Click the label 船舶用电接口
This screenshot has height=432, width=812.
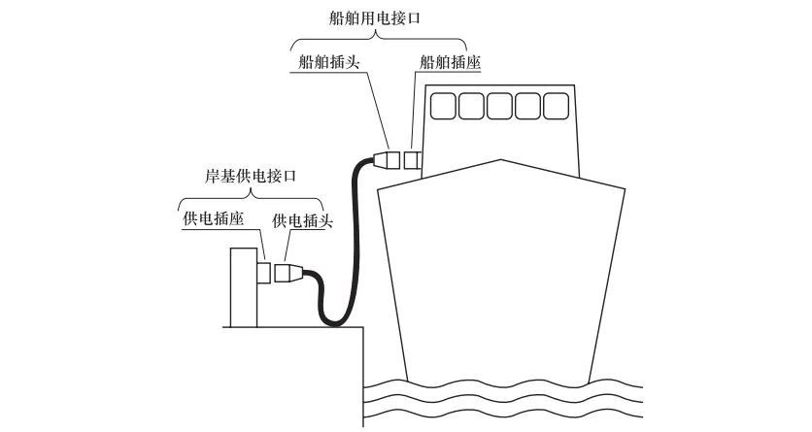(x=379, y=18)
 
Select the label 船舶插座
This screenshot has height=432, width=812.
(x=451, y=61)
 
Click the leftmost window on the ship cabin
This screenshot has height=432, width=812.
(x=445, y=104)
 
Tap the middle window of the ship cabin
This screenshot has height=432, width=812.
(x=500, y=104)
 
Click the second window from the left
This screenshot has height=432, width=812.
(x=473, y=104)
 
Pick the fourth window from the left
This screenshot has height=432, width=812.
(x=528, y=104)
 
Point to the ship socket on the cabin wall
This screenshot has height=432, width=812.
(x=415, y=158)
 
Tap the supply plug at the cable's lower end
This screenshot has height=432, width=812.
(x=288, y=273)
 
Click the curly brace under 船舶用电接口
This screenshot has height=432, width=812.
(x=379, y=39)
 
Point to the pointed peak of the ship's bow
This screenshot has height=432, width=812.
(x=499, y=158)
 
